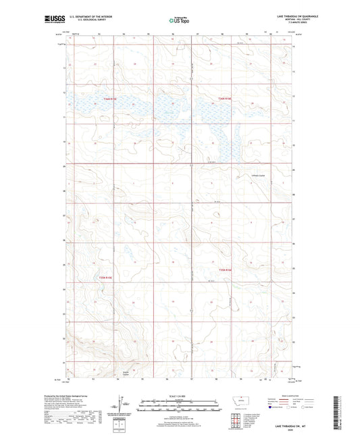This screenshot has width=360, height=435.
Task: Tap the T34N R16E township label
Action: click(224, 99)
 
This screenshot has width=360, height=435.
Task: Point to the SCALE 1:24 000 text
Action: click(180, 396)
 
